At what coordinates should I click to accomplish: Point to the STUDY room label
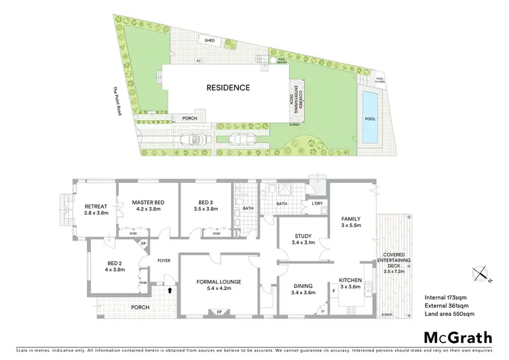303,237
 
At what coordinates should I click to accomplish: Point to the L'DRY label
317,204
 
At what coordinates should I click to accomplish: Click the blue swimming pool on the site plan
370,118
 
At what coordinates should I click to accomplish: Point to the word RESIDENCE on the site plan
229,87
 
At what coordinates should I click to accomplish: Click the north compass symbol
481,273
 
